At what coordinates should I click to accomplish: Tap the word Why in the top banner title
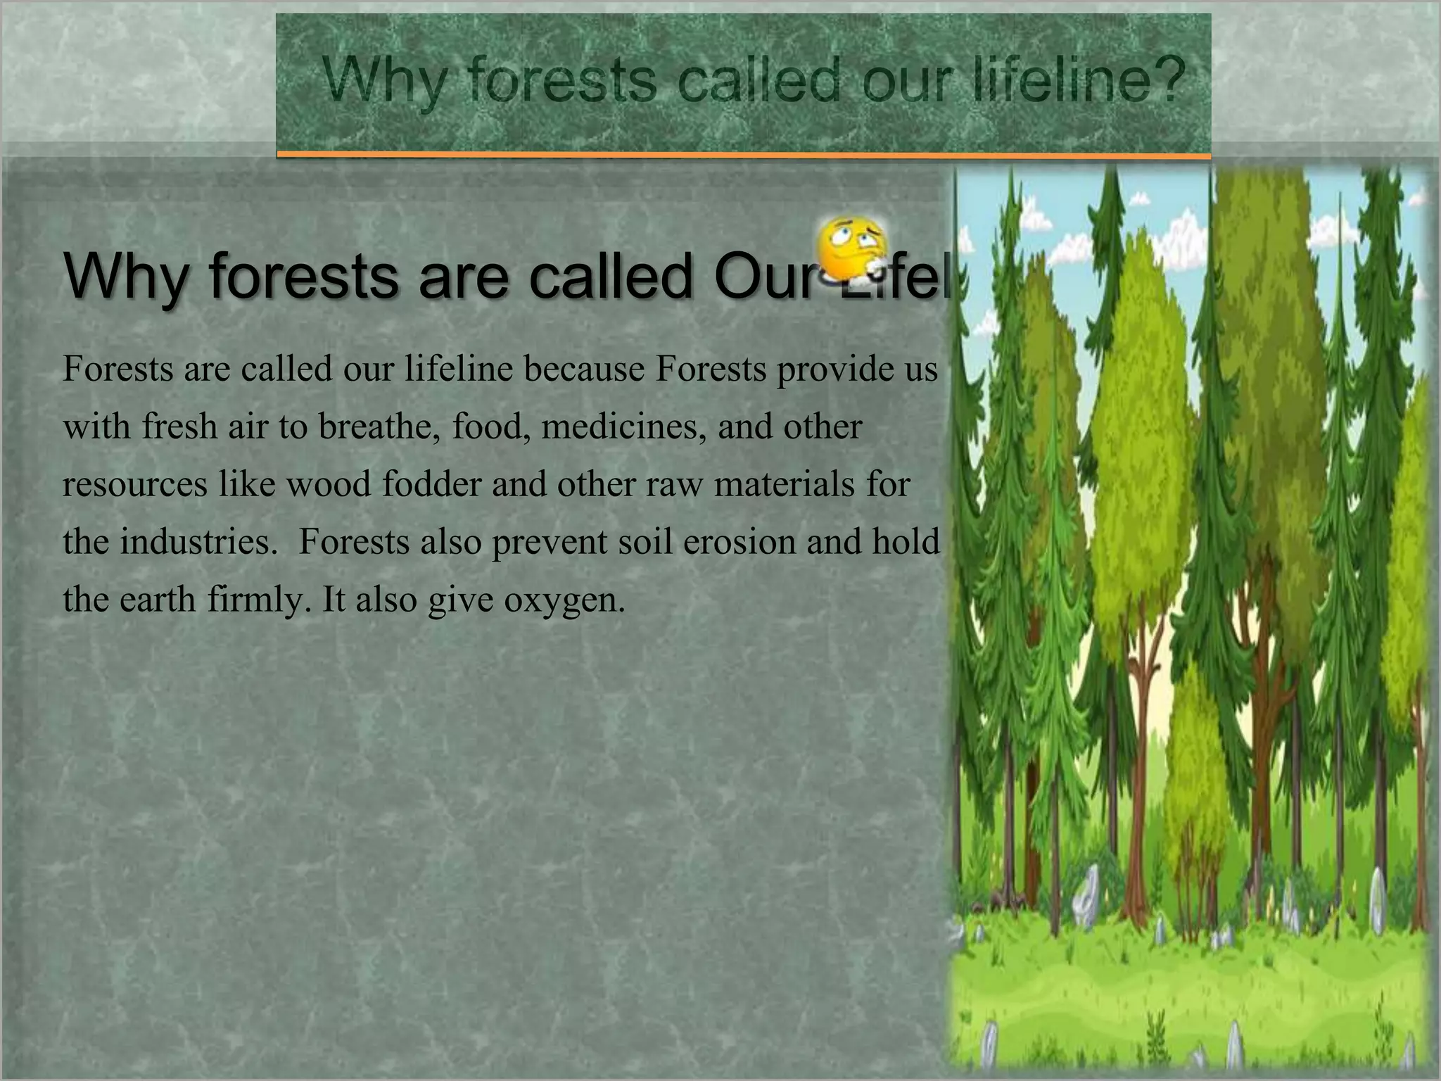[384, 82]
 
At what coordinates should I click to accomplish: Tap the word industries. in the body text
[199, 542]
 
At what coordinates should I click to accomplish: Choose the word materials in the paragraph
[783, 484]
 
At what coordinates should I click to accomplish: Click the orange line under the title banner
[743, 153]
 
